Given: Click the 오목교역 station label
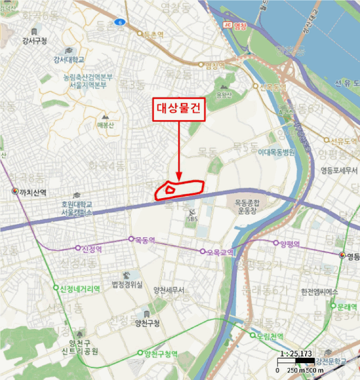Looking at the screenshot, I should click(x=219, y=252).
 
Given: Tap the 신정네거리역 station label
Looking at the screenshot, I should click(x=80, y=288).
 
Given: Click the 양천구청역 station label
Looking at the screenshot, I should click(x=161, y=354).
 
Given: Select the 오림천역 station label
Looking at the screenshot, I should click(x=269, y=336).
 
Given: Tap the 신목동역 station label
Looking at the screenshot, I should click(x=273, y=87).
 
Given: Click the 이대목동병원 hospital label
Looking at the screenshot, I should click(x=276, y=153).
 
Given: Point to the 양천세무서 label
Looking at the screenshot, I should click(x=169, y=289).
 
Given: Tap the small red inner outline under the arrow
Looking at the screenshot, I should click(x=169, y=189).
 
